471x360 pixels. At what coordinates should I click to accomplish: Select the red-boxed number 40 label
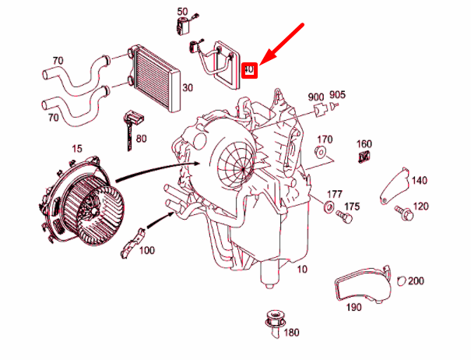[x=249, y=70]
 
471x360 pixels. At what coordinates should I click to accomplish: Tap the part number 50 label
[x=182, y=12]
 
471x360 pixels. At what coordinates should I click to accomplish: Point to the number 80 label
[x=141, y=139]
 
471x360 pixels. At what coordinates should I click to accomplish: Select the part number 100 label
[x=147, y=250]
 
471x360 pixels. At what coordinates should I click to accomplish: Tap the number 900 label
[x=315, y=97]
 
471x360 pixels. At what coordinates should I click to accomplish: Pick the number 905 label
[x=337, y=97]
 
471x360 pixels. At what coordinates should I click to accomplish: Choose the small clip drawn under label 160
[x=364, y=159]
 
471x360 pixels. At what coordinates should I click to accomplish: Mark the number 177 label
[x=334, y=194]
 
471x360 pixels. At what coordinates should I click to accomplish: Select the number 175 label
[x=352, y=206]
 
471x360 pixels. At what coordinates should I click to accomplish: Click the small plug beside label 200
[x=400, y=281]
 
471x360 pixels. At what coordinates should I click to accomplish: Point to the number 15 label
[x=76, y=148]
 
